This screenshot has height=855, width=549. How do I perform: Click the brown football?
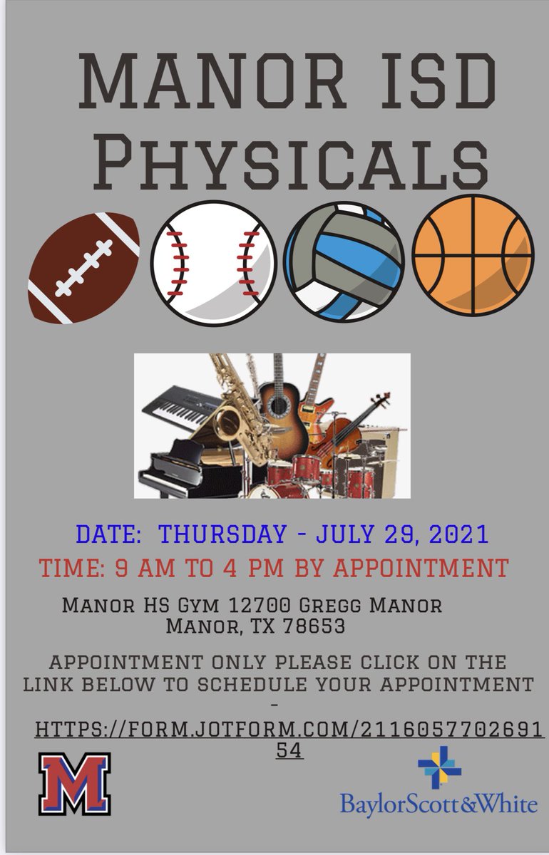(84, 268)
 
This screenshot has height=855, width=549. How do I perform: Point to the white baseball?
(213, 264)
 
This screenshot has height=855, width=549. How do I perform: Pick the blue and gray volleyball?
(344, 263)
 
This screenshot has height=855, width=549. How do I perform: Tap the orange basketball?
(473, 256)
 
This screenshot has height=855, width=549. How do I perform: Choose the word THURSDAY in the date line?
(222, 534)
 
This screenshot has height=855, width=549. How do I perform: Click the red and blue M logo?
(75, 784)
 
